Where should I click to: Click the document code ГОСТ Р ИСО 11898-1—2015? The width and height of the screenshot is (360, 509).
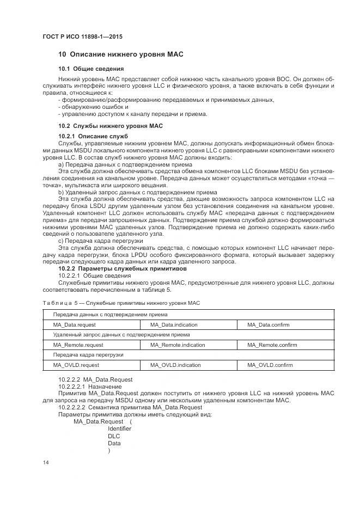point(82,36)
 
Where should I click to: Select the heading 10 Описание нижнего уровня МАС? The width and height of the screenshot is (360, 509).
point(121,55)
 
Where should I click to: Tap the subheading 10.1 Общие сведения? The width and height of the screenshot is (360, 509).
point(91,69)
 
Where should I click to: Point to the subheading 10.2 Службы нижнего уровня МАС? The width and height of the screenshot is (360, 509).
point(111,126)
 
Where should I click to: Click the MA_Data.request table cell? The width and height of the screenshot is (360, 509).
point(74,324)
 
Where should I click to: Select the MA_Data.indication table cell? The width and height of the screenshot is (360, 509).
point(174,324)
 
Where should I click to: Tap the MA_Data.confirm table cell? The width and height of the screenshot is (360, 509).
point(268,324)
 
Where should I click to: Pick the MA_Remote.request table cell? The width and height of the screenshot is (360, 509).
point(78,345)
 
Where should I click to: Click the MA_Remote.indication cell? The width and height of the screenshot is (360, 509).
point(178,345)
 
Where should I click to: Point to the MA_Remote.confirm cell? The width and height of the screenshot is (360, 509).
point(272,345)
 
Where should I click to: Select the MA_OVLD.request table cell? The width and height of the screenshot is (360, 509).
point(76,365)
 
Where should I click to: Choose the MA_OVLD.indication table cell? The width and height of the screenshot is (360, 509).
point(175,365)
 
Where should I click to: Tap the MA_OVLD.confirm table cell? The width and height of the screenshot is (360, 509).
point(270,365)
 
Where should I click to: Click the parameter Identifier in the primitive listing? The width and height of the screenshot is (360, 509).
point(119,428)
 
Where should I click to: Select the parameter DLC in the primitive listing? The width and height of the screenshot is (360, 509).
point(114,436)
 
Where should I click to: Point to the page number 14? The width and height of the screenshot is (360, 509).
point(45,462)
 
